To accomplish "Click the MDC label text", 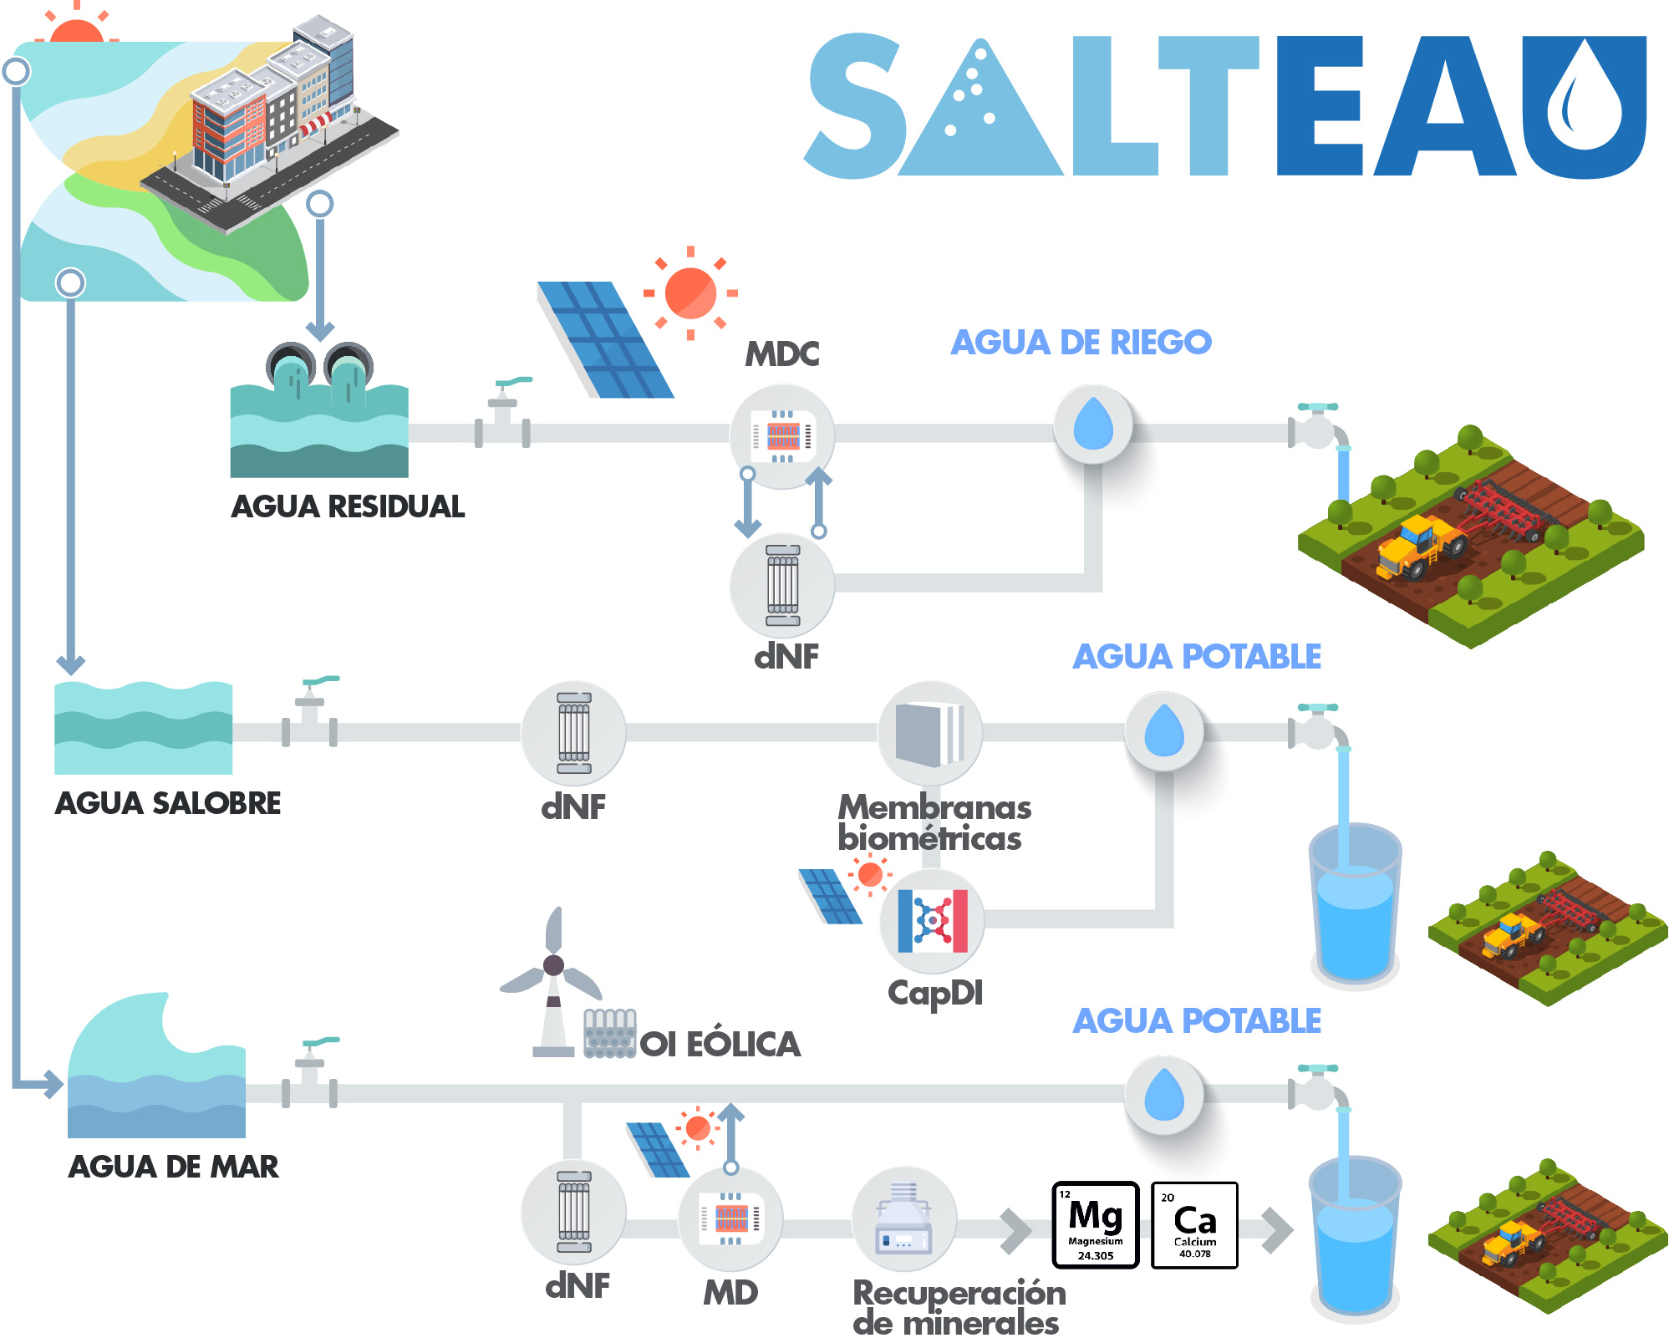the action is pyautogui.click(x=781, y=354).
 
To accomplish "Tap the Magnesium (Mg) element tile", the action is pyautogui.click(x=1096, y=1224).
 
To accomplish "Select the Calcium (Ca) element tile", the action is pyautogui.click(x=1194, y=1224).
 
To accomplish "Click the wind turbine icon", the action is pyautogui.click(x=552, y=982).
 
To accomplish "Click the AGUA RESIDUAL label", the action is pyautogui.click(x=348, y=506).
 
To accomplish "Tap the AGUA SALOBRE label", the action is pyautogui.click(x=168, y=803).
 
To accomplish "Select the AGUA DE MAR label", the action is pyautogui.click(x=173, y=1167).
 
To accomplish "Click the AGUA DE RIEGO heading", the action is pyautogui.click(x=1081, y=342).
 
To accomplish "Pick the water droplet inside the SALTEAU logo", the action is pyautogui.click(x=1584, y=98).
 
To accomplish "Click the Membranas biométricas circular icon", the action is pyautogui.click(x=930, y=733).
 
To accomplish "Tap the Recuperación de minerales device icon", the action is pyautogui.click(x=903, y=1218).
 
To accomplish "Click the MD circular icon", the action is pyautogui.click(x=730, y=1218).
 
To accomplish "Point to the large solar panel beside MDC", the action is pyautogui.click(x=605, y=339).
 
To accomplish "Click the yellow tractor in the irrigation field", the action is pyautogui.click(x=1419, y=547).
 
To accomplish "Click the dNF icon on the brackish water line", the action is pyautogui.click(x=573, y=733).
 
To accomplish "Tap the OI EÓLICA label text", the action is pyautogui.click(x=720, y=1044).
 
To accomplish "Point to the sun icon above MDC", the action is pyautogui.click(x=690, y=293).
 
